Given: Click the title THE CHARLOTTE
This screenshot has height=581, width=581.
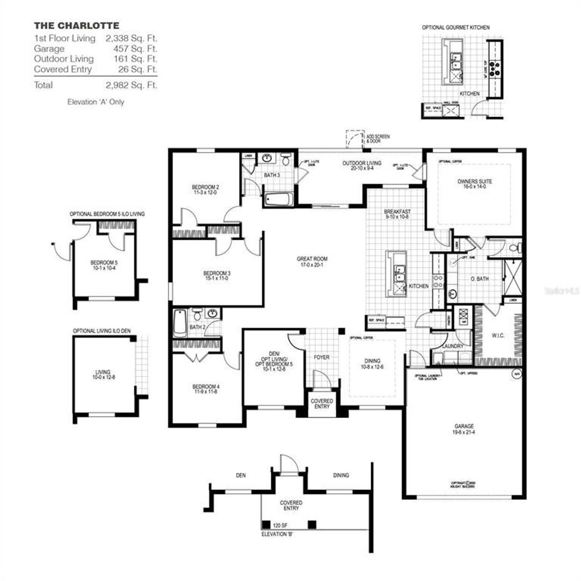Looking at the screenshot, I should coord(76,25).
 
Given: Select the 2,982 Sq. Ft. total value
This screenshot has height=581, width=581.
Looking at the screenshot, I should coord(131,85).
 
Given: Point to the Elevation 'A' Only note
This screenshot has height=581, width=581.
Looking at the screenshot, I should coord(95,102).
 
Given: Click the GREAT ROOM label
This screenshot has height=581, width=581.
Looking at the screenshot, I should coord(312,261).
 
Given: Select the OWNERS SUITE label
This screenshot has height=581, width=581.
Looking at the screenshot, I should coord(474,183).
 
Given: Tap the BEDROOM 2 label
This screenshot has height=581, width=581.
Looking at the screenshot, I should coord(205,189).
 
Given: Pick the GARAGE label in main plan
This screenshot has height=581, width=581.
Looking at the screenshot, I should coord(464,429).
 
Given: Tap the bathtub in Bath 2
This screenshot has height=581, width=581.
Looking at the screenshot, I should coord(179,323).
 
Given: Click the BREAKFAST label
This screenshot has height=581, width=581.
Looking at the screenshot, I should coord(397,214).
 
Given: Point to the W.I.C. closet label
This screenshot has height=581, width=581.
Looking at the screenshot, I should coord(498,335).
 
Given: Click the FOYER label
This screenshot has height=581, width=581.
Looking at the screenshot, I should coord(321,357).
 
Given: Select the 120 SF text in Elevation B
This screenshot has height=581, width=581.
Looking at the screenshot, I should coord(280,525).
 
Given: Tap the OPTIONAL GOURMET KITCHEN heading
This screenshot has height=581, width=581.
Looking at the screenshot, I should coord(456,28).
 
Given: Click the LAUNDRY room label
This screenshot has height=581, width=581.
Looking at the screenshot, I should coord(453,346).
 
